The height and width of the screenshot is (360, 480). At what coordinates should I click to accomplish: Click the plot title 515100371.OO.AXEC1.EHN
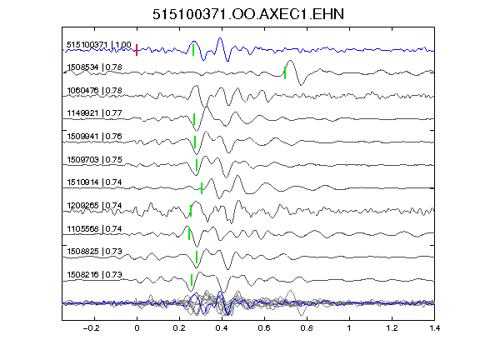click(x=248, y=14)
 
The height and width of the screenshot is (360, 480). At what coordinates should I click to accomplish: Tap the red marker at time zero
click(x=137, y=50)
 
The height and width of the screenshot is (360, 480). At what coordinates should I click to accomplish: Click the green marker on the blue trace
click(x=193, y=50)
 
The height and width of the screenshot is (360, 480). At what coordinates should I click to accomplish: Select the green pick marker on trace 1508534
click(x=285, y=72)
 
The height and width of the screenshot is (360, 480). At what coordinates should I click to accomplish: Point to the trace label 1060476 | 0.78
click(x=95, y=91)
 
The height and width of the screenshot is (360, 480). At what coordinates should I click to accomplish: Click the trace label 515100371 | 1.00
click(x=99, y=45)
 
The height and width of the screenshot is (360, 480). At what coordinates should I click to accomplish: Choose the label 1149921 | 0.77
click(x=95, y=113)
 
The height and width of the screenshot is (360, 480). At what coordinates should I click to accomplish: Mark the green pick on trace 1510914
click(x=202, y=188)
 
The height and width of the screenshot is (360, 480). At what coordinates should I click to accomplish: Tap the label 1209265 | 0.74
click(x=95, y=205)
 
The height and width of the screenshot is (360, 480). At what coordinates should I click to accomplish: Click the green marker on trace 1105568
click(x=189, y=234)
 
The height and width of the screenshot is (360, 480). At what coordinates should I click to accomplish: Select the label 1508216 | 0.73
click(x=95, y=275)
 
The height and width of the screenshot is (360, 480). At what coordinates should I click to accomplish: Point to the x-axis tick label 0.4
click(x=222, y=328)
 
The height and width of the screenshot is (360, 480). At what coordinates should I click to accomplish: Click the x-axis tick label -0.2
click(x=91, y=328)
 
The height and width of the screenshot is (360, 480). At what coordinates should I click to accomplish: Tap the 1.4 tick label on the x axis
click(x=434, y=328)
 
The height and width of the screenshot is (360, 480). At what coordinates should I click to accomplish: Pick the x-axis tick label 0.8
click(x=307, y=328)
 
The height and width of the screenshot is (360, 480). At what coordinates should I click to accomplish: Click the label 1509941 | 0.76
click(x=95, y=136)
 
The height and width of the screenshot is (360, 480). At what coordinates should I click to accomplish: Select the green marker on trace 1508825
click(x=197, y=257)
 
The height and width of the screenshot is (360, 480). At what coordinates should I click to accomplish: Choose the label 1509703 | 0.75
click(x=95, y=159)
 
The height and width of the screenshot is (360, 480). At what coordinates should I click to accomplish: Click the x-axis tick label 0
click(x=137, y=328)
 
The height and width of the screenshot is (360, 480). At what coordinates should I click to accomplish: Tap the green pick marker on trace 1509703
click(x=197, y=165)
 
